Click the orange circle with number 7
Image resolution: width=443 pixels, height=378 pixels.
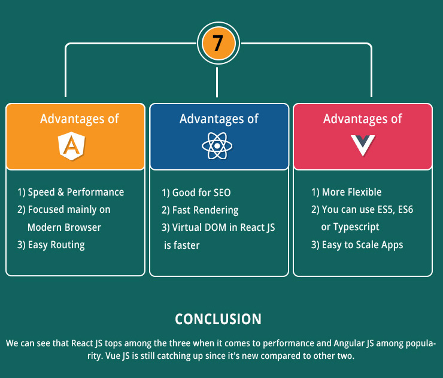click(219, 44)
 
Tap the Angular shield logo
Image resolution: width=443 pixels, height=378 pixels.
click(72, 146)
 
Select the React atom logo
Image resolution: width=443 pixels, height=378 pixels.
click(217, 146)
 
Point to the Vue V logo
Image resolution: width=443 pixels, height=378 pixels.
click(363, 145)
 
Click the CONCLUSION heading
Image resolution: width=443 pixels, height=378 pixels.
click(218, 319)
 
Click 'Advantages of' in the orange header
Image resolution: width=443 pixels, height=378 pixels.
click(80, 119)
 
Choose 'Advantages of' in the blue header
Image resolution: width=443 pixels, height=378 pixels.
click(219, 119)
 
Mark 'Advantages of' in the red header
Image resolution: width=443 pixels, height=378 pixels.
click(362, 119)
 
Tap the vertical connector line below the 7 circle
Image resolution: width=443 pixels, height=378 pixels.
click(217, 82)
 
